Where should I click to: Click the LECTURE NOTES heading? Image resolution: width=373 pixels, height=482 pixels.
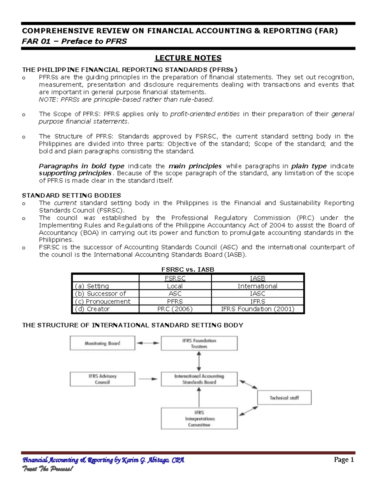coord(188,58)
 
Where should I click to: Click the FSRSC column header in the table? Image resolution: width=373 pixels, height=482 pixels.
coord(175,278)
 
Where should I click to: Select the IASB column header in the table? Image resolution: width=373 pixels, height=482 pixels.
coord(257,278)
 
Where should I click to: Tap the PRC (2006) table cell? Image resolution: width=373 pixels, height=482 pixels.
coord(175,309)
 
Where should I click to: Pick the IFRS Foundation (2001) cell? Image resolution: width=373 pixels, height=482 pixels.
coord(257,309)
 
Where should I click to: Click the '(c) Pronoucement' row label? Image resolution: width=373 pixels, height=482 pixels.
coord(103,301)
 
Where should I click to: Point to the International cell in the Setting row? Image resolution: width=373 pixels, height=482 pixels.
coord(257,286)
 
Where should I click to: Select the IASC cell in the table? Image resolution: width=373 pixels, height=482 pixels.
coord(257,294)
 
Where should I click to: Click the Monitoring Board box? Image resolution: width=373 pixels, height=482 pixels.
coord(103,343)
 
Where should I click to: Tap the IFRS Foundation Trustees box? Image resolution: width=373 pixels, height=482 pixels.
coord(199,343)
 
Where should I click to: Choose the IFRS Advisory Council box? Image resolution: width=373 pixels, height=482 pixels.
coord(103,379)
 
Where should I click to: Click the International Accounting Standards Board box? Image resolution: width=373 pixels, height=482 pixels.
coord(199,379)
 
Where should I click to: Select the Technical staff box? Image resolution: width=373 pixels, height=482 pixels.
coord(284,398)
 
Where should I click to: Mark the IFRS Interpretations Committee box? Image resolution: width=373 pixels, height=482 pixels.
coord(199,419)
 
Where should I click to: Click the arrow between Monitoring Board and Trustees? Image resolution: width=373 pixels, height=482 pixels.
coord(148,343)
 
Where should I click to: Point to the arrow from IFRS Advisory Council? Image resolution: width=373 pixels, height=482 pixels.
coord(148,379)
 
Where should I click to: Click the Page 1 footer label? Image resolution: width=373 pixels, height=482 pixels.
coord(344,460)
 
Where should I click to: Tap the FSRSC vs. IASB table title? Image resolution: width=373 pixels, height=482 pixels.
coord(188,269)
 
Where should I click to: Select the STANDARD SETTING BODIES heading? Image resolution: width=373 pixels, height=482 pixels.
coord(71,196)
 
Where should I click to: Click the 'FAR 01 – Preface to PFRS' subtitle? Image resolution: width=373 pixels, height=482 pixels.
coord(74,41)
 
